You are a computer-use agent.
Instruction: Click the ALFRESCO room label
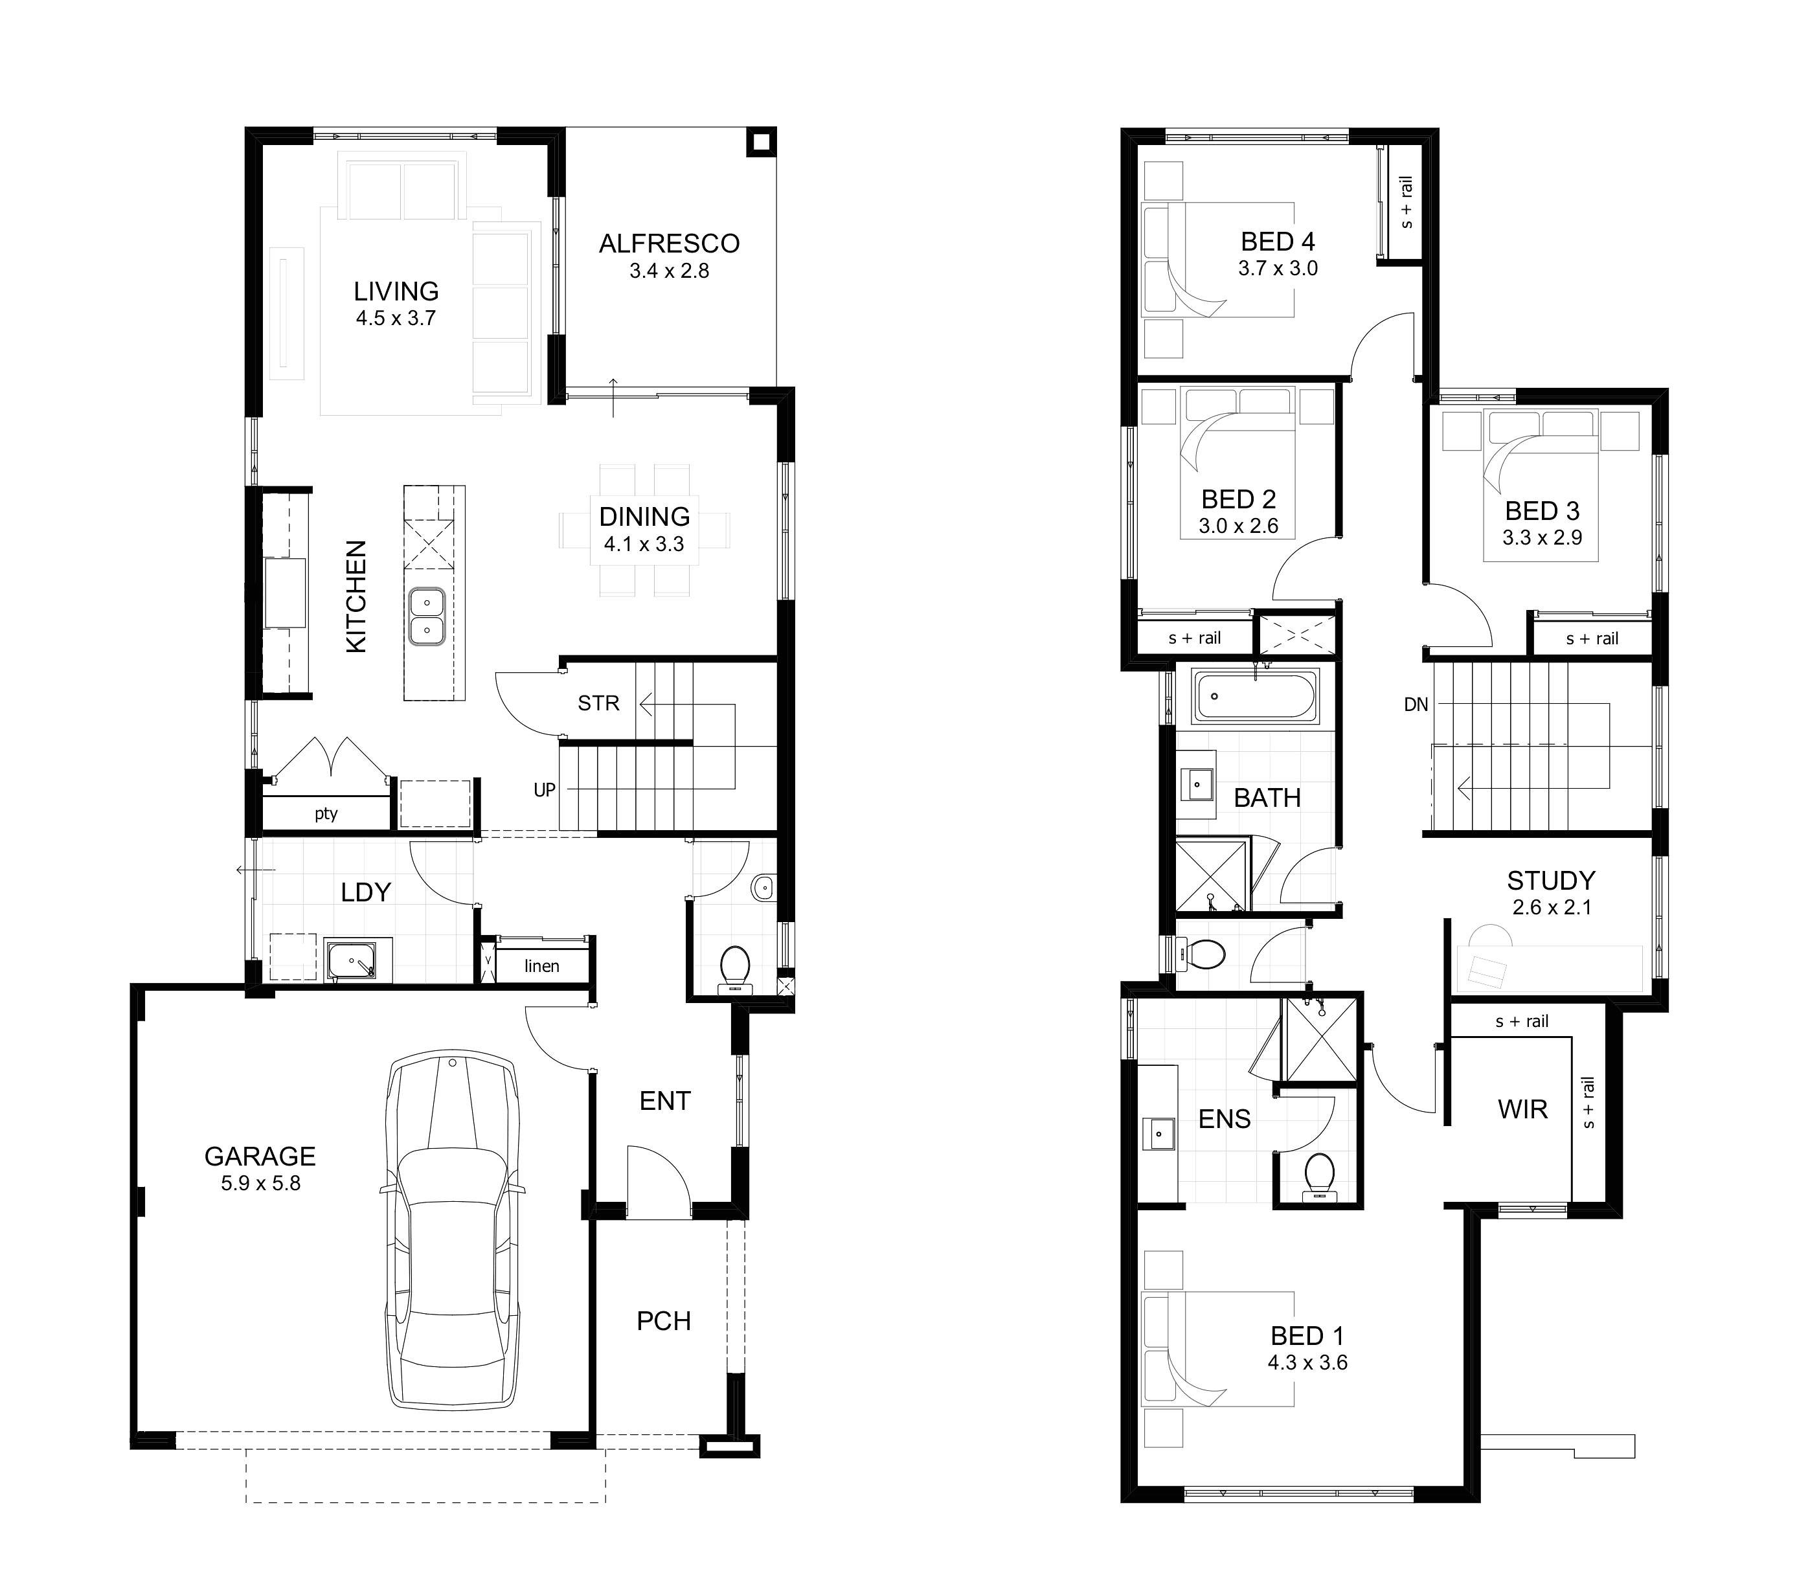coord(669,243)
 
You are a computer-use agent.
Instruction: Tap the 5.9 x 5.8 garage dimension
coord(260,1184)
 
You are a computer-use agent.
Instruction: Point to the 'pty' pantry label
coord(326,813)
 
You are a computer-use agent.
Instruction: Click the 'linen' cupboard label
coord(541,965)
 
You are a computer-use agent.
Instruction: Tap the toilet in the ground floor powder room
coord(734,969)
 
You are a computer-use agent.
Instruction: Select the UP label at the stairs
coord(545,790)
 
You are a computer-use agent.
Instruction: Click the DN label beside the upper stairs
coord(1416,704)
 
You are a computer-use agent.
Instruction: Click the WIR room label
coord(1522,1109)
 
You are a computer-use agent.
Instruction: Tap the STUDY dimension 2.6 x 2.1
coord(1552,907)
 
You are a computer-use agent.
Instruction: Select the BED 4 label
coord(1278,242)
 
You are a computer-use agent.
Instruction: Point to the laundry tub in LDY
coord(350,960)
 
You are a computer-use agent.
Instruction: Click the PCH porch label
coord(664,1320)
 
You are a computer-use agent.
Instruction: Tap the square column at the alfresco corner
coord(761,142)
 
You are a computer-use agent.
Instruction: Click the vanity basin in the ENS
coord(1159,1134)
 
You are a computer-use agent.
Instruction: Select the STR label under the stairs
coord(598,703)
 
